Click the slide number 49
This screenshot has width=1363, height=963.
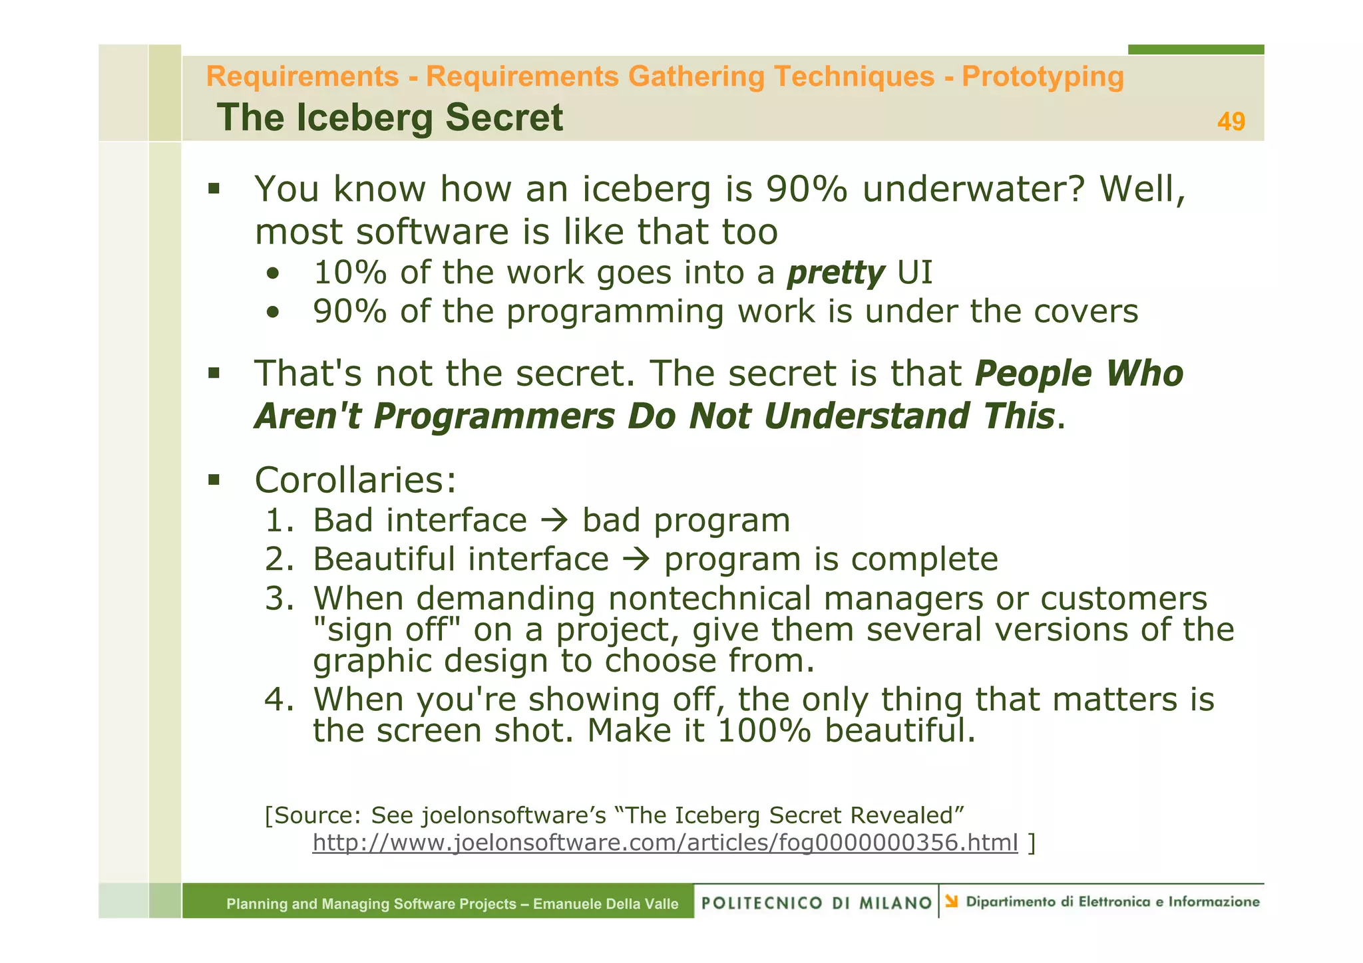tap(1231, 122)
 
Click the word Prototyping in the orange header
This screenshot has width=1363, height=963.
tap(1042, 76)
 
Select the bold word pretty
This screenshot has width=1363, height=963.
tap(836, 273)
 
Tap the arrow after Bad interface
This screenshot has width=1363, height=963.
tap(554, 521)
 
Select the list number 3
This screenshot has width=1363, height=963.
tap(279, 598)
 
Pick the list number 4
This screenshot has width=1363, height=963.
tap(279, 700)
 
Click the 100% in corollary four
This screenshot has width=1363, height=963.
tap(765, 731)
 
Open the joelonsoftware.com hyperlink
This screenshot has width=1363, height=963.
tap(665, 843)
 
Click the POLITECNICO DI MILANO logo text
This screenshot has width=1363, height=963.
tap(817, 902)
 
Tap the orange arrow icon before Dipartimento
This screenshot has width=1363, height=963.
tap(952, 901)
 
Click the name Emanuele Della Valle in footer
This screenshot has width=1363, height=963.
tap(606, 904)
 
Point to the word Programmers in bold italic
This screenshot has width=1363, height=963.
tap(494, 417)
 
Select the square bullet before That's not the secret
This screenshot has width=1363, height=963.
tap(214, 373)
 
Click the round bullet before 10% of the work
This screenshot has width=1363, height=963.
tap(272, 274)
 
